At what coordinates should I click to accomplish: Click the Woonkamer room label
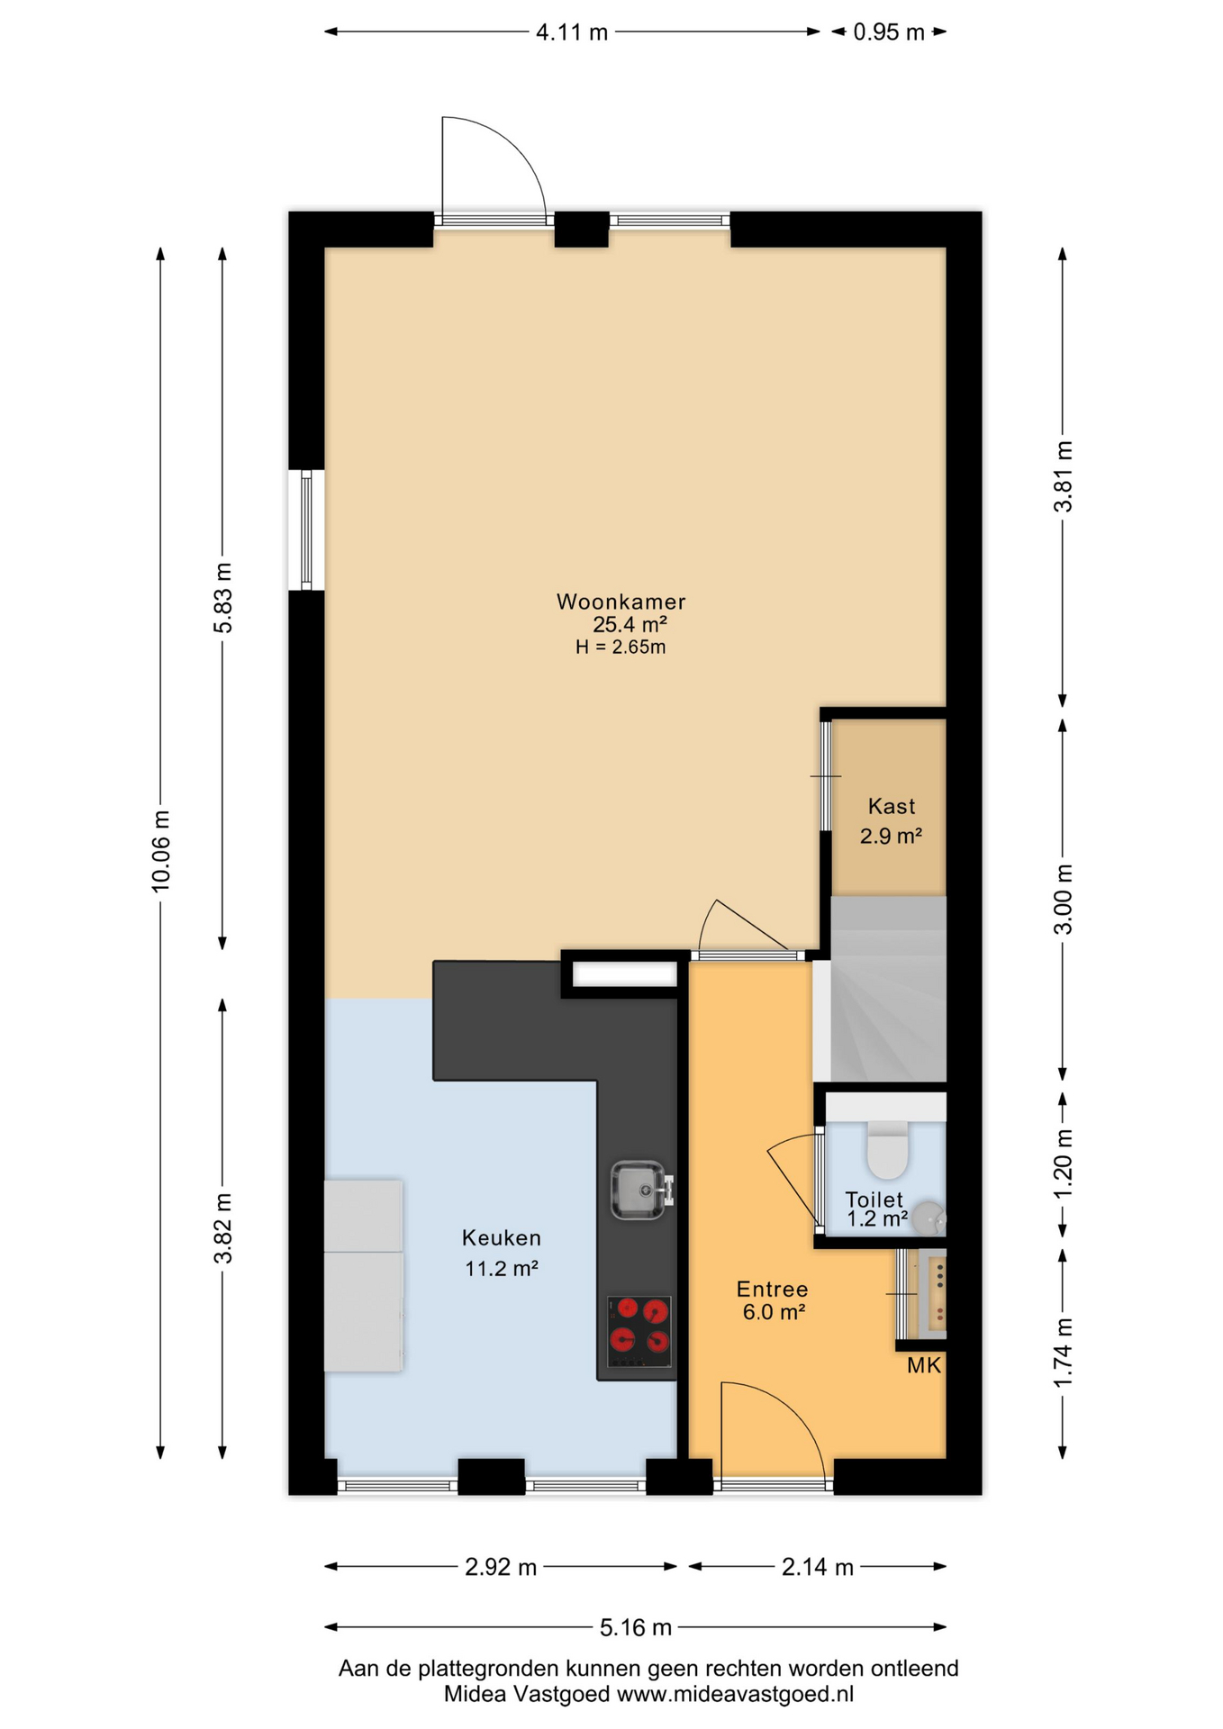click(x=621, y=602)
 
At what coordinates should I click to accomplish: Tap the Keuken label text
click(x=502, y=1238)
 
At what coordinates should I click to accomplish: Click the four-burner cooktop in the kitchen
click(x=639, y=1332)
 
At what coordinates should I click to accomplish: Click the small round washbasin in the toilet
click(x=929, y=1218)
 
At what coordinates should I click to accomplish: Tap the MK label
click(x=924, y=1365)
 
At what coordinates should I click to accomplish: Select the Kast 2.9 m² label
click(x=892, y=820)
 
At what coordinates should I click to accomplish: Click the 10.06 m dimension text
click(x=160, y=852)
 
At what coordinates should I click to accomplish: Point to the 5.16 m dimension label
click(x=636, y=1627)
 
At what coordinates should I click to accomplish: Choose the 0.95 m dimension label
click(x=889, y=32)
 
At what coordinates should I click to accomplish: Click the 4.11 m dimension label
click(x=572, y=32)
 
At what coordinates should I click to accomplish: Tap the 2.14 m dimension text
click(x=817, y=1567)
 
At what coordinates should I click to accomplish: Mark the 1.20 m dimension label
click(x=1064, y=1163)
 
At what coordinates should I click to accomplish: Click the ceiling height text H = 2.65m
click(x=621, y=647)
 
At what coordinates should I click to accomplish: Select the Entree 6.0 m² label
click(x=773, y=1300)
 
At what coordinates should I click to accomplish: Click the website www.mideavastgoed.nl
click(x=735, y=1694)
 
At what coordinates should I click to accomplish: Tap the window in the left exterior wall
click(x=306, y=530)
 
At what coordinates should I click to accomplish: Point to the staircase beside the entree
click(x=888, y=989)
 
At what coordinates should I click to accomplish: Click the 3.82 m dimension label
click(x=222, y=1228)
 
